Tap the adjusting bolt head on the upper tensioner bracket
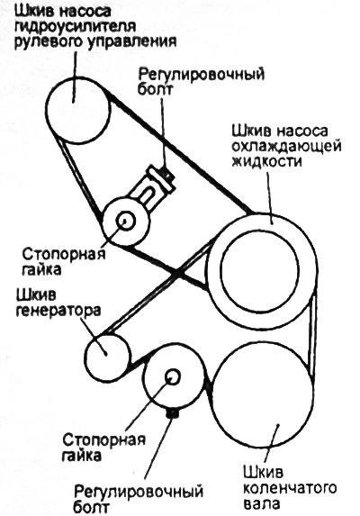coord(168,174)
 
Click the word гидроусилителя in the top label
coord(76,28)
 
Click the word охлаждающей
coord(285,147)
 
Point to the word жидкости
coord(266,161)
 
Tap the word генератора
coord(58,311)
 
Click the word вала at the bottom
coord(261,503)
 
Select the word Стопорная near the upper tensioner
coord(64,254)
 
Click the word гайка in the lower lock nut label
coord(81,455)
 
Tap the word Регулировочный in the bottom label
coord(139,493)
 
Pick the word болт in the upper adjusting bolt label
coord(155,89)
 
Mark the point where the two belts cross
coord(179,273)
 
